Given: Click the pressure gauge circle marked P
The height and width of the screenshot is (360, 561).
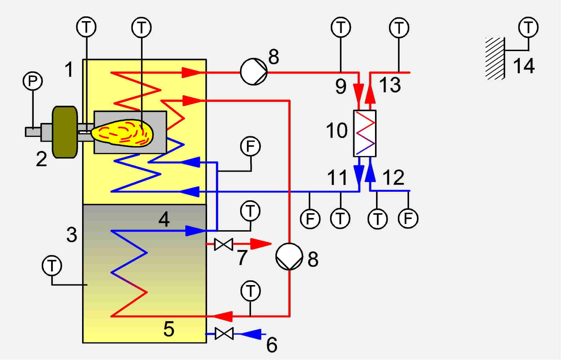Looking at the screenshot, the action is [x=33, y=81].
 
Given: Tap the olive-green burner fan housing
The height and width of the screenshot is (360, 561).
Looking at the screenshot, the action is [x=65, y=132].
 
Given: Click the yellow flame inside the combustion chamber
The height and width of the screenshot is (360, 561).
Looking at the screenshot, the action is [x=122, y=133].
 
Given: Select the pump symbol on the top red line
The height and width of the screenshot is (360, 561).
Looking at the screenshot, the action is [x=254, y=72].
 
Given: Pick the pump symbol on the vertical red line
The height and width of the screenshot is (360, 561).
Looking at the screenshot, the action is [x=289, y=256].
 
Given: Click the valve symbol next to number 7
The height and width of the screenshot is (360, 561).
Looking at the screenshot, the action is [x=224, y=244].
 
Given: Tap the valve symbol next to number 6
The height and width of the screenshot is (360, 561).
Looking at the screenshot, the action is [x=224, y=333].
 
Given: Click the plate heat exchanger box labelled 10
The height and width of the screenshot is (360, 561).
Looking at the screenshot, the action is [x=365, y=134].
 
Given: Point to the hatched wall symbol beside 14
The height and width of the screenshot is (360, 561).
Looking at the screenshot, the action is [x=495, y=58].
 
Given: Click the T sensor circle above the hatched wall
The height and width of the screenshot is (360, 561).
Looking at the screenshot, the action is [x=528, y=27].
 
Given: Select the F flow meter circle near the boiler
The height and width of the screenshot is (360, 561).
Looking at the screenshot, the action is [x=250, y=146].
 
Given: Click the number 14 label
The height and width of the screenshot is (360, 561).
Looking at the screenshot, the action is [x=524, y=66].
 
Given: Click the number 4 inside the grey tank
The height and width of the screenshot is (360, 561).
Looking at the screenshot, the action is [x=164, y=219].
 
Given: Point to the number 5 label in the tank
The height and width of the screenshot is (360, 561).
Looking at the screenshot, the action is [x=169, y=329].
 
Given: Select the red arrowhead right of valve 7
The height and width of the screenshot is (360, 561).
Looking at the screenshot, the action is [x=261, y=244].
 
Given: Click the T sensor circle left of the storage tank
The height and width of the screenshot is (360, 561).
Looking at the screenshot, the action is [x=52, y=265].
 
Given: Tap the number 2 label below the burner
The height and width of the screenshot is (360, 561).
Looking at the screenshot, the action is [x=41, y=159].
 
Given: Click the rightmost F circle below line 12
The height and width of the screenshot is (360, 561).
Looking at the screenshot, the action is [x=408, y=219].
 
